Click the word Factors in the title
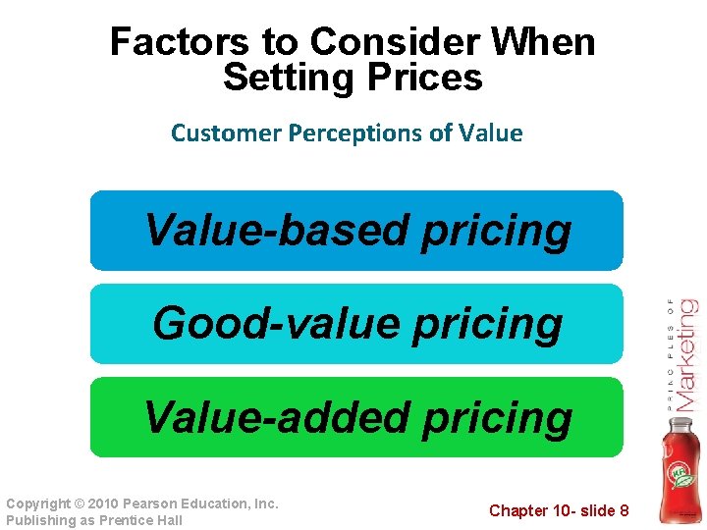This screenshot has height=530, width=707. [168, 42]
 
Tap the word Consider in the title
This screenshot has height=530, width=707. [372, 42]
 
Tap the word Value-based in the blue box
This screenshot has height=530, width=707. [277, 231]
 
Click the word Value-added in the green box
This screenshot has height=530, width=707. [277, 417]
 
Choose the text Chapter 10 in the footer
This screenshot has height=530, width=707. [530, 510]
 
